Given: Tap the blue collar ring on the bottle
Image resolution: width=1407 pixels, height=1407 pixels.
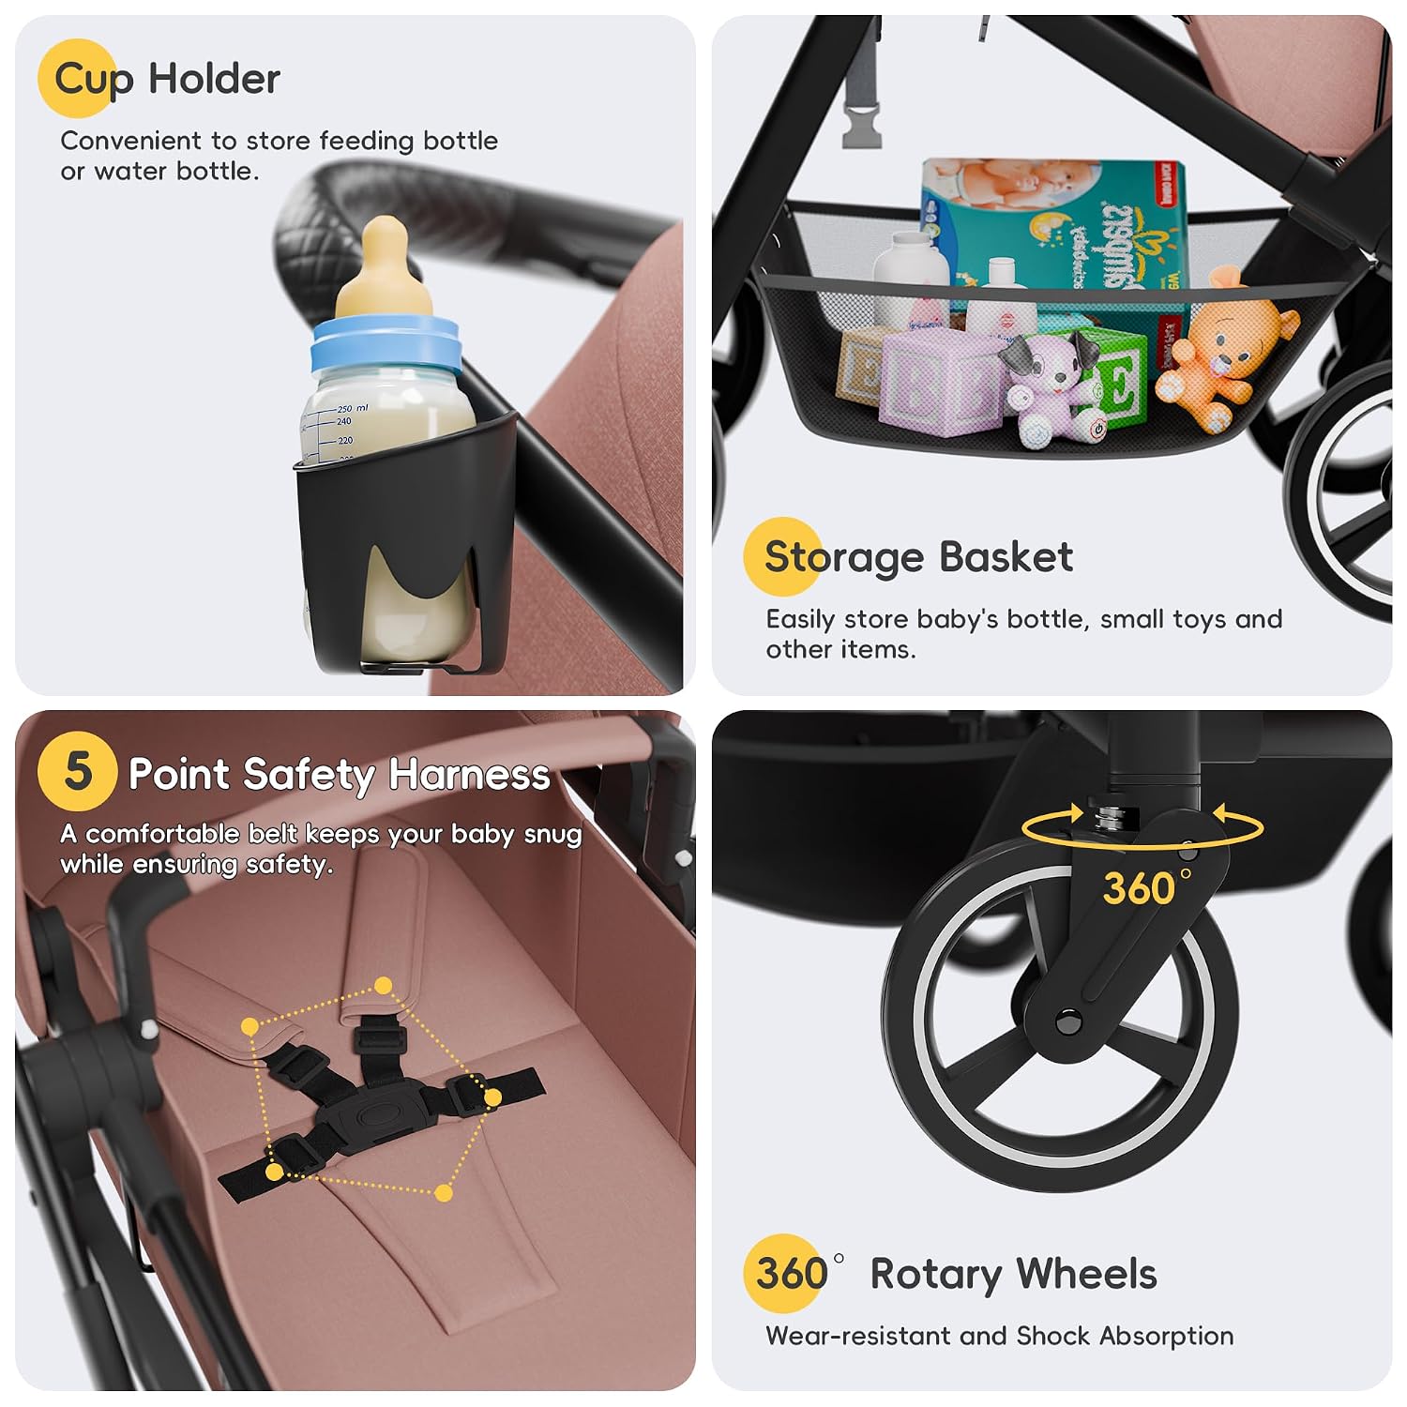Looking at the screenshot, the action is click(386, 343).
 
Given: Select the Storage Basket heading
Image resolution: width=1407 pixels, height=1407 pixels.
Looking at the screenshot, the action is click(918, 557).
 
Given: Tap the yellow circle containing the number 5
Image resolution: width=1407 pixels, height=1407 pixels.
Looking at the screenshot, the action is click(77, 771).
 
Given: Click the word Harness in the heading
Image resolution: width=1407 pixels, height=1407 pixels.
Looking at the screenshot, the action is click(470, 776).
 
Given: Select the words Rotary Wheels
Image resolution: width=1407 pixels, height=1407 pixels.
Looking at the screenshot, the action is click(1013, 1275).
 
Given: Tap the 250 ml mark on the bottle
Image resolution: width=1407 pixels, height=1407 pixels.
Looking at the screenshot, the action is click(353, 408).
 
